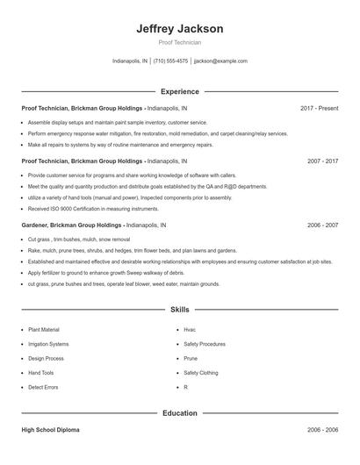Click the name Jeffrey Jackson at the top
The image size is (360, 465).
pos(180,29)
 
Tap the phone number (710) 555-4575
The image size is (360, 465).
pos(170,61)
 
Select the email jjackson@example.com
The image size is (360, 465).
pos(220,61)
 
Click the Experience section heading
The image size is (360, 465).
pos(180,91)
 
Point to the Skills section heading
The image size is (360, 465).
pos(180,310)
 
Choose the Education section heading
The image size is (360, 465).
pos(180,412)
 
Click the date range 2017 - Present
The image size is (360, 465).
pos(319,108)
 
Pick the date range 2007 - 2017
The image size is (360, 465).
pos(322,161)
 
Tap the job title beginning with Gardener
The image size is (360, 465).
pos(93,225)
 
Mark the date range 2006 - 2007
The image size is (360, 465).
pos(322,225)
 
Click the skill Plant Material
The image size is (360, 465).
pos(44,330)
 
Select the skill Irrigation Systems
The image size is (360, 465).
pos(48,344)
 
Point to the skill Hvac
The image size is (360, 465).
pos(190,330)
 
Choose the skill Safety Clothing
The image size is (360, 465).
pos(202,373)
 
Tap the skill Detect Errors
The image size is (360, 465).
pos(42,387)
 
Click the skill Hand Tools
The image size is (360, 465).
pos(41,373)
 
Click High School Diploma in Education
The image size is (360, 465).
pos(53,431)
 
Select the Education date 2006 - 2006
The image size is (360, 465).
pos(322,431)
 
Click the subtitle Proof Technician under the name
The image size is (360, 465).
pos(180,42)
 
